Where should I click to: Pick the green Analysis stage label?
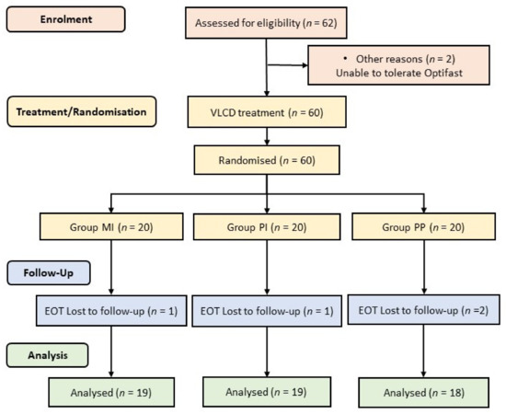(x=53, y=351)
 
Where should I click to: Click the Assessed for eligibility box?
(x=267, y=21)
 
